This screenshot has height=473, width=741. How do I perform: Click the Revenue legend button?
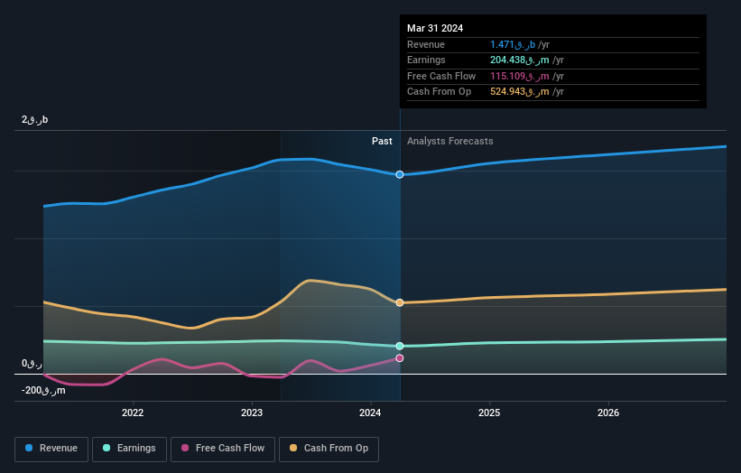click(52, 448)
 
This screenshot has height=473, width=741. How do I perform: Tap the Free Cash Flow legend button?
click(223, 448)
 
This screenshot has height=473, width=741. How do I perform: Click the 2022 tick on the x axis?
click(133, 413)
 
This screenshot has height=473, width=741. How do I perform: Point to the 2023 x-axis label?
click(252, 413)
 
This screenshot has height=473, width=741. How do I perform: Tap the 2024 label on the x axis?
click(371, 413)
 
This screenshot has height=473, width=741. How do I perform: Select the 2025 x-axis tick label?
click(489, 413)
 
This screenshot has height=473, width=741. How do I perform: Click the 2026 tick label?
click(608, 413)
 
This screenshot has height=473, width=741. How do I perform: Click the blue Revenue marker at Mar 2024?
click(400, 174)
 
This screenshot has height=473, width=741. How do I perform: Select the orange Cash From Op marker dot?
click(400, 302)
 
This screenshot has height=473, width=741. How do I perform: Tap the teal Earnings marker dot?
click(400, 346)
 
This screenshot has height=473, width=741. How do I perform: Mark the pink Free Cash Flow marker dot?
click(400, 358)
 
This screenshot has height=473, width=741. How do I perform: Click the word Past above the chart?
click(382, 141)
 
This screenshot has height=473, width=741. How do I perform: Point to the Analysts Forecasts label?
click(450, 141)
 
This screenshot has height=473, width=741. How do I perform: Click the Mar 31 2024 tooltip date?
click(435, 28)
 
